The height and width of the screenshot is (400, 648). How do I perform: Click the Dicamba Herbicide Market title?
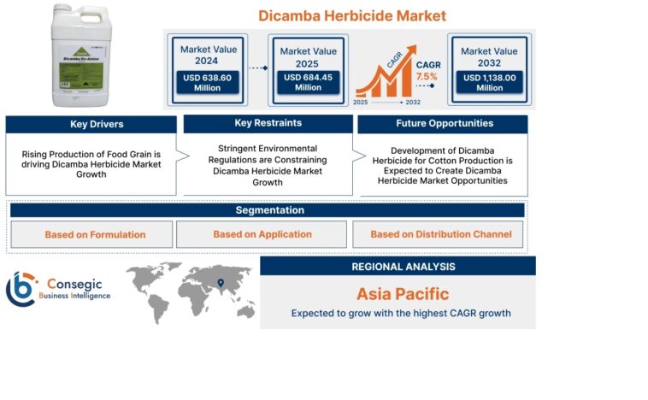tap(352, 15)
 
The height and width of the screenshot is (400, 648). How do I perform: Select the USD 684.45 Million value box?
tap(308, 82)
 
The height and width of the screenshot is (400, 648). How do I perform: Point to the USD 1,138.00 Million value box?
tap(489, 82)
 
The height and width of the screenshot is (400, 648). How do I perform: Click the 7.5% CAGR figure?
tap(426, 76)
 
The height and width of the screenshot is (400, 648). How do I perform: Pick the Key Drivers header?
tap(97, 124)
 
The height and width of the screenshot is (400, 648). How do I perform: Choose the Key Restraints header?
tap(268, 124)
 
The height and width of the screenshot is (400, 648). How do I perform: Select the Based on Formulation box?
tap(95, 234)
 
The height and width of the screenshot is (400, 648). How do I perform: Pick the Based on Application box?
tap(262, 234)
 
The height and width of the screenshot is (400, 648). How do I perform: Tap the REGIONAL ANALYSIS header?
tap(398, 266)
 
